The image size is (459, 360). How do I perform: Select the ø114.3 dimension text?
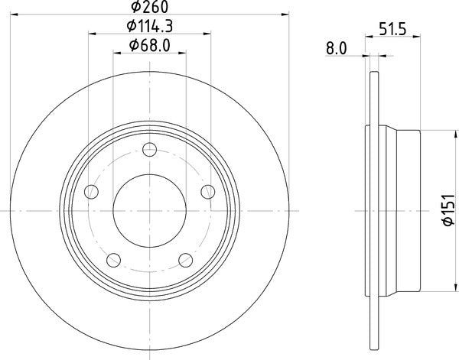pos(149,27)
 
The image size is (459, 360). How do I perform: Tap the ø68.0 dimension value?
pos(149,46)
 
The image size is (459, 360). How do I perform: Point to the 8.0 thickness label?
pos(337,47)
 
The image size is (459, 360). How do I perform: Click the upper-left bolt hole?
pos(93,190)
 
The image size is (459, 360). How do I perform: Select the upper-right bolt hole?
pos(206,190)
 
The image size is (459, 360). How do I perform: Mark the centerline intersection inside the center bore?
pos(149,209)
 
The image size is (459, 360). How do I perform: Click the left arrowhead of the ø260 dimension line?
pos(14,13)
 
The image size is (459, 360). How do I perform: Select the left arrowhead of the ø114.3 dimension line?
pos(93,33)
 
